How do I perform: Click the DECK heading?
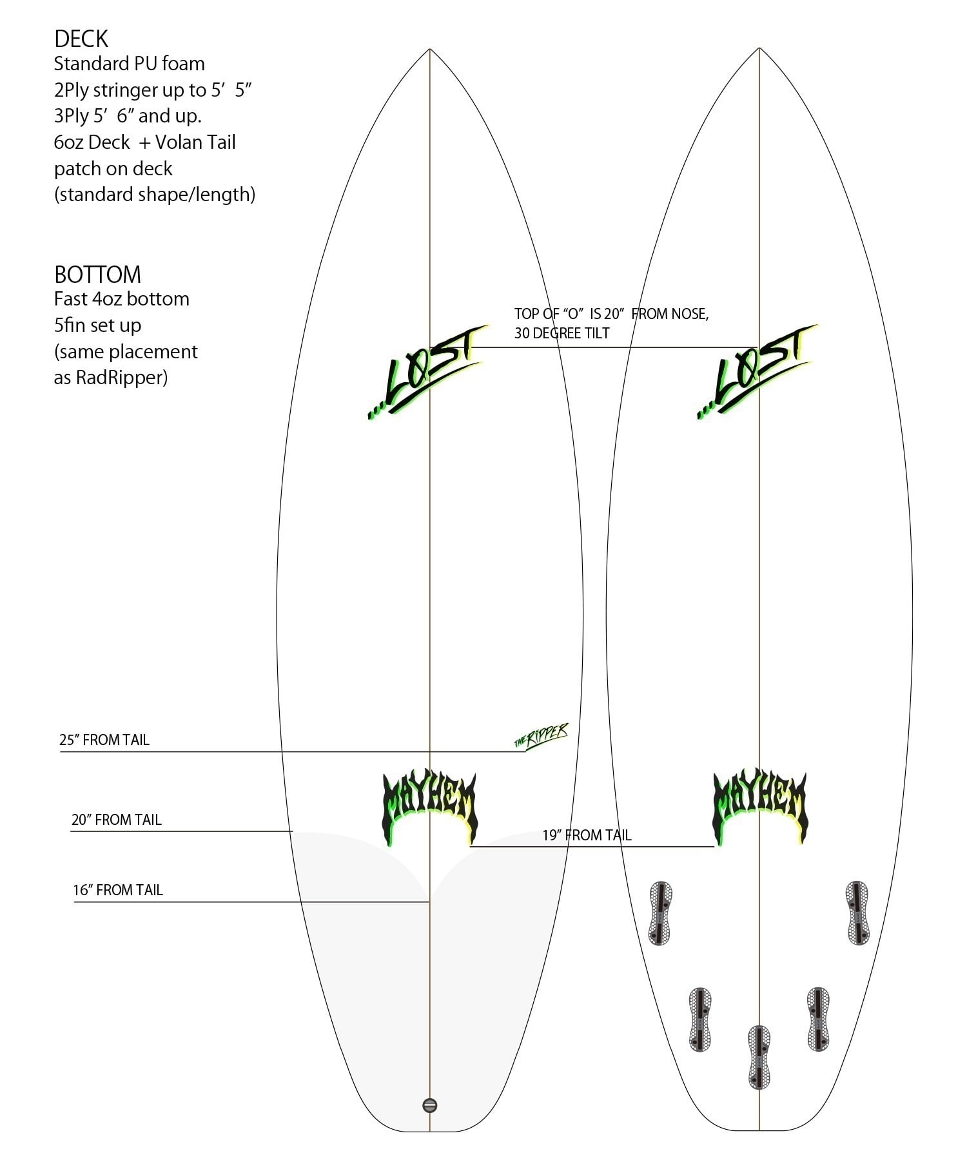tap(81, 39)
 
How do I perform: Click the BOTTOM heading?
tap(97, 275)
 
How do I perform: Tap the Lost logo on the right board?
tap(757, 372)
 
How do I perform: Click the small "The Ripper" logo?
tap(542, 736)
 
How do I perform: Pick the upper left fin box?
tap(660, 913)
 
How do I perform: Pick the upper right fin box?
tap(857, 913)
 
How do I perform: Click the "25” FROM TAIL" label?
tap(104, 740)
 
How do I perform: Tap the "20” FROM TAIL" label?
tap(117, 820)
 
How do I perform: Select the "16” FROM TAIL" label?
tap(118, 890)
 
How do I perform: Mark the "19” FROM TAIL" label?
tap(587, 835)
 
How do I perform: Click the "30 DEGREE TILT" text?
tap(562, 333)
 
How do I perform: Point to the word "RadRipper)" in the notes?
tap(122, 377)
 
